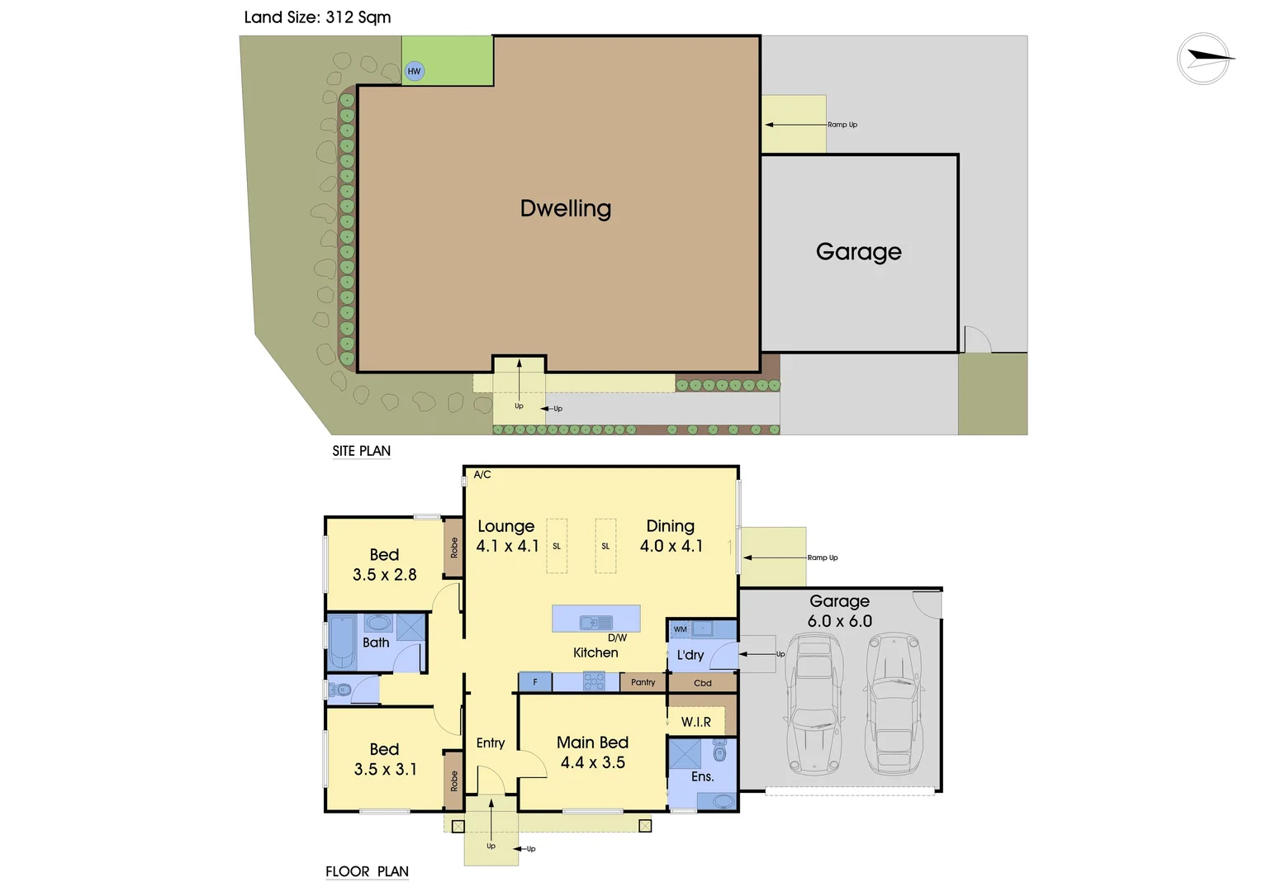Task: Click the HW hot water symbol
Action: coord(414,71)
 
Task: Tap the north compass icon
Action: coord(1204,59)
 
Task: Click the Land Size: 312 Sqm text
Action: coord(317,17)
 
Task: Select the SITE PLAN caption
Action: coord(361,451)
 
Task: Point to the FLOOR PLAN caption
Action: coord(367,871)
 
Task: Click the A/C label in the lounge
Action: coord(482,475)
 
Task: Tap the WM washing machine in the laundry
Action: coord(680,629)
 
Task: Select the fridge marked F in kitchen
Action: coord(535,682)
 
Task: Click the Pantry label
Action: coord(643,682)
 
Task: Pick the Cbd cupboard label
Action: coord(702,683)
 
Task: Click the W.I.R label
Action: coord(695,722)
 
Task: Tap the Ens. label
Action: coord(702,776)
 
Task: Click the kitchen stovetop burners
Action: coord(594,681)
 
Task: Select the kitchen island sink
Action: coord(595,623)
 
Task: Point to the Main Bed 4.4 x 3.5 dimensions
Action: coord(592,762)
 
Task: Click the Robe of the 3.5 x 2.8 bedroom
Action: coord(453,548)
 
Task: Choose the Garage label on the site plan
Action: coord(858,252)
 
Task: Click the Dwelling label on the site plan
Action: coord(566,209)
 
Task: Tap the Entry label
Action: coord(491,743)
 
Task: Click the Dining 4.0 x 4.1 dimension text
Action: coord(671,546)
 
